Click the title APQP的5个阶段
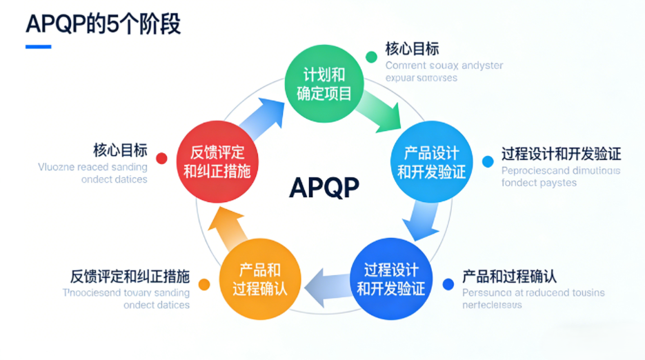[x=103, y=25]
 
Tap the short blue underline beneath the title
[x=39, y=47]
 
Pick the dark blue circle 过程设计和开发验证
[x=390, y=278]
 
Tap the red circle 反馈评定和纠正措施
[x=217, y=162]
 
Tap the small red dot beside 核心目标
[x=161, y=159]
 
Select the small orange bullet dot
[x=204, y=284]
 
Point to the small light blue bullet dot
[x=488, y=161]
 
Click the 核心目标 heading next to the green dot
[x=412, y=49]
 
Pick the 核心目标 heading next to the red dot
[x=120, y=150]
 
